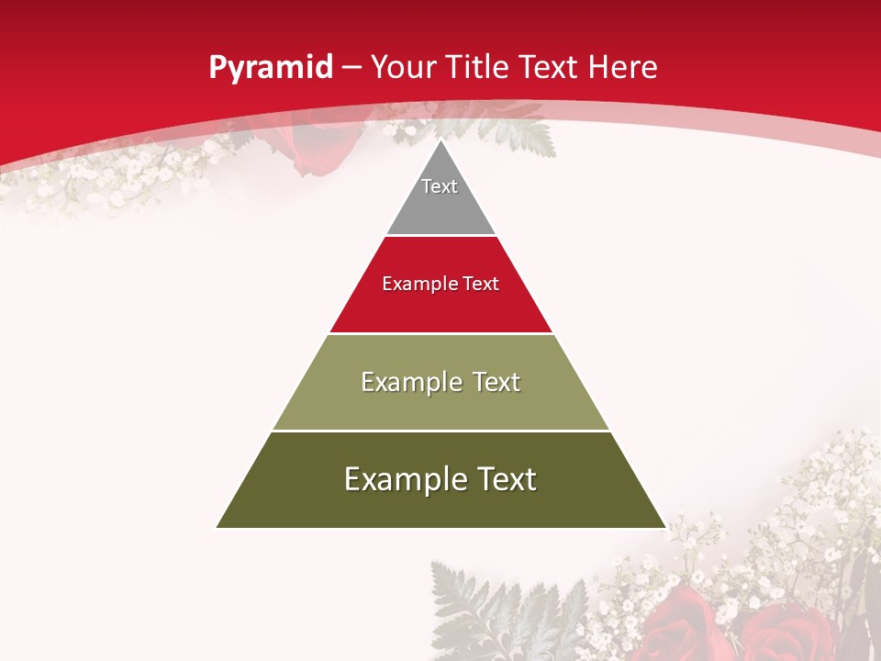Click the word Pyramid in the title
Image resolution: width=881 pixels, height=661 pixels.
pyautogui.click(x=270, y=68)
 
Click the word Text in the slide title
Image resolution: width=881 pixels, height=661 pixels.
pyautogui.click(x=549, y=67)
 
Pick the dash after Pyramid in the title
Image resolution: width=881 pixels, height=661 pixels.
pyautogui.click(x=351, y=68)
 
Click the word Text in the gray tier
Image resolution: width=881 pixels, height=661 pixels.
pyautogui.click(x=440, y=186)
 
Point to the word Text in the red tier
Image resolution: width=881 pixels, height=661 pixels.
pyautogui.click(x=481, y=284)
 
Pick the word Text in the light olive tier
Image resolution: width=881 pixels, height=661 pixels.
pyautogui.click(x=495, y=382)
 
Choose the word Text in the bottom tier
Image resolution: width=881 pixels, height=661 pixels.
pyautogui.click(x=506, y=479)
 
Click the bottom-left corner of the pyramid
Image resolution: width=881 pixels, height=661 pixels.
pyautogui.click(x=217, y=527)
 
